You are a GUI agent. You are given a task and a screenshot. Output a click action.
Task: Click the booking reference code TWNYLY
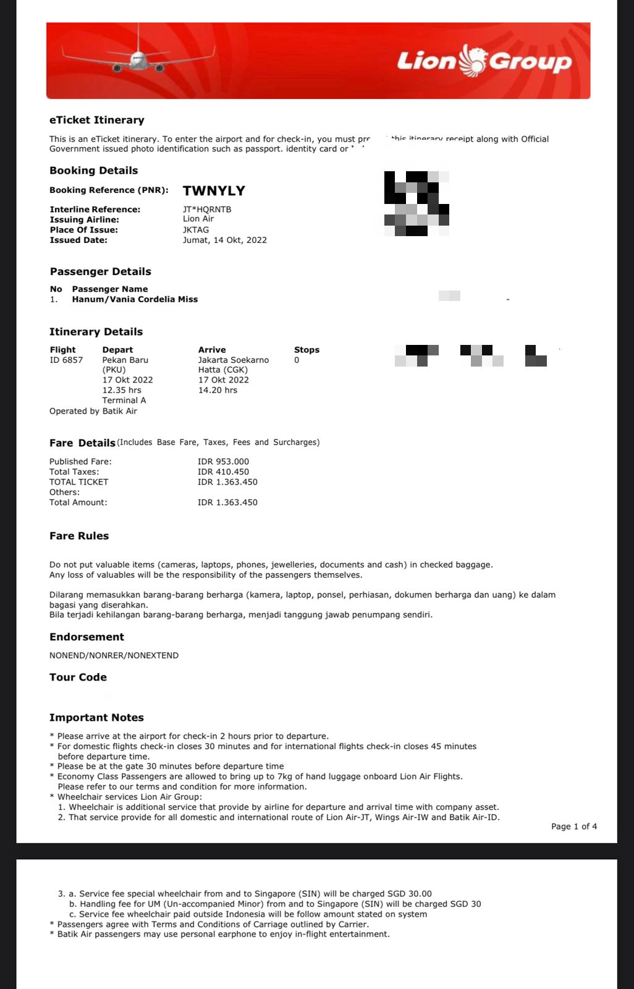214,191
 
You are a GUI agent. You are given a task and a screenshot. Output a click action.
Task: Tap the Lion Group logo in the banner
484,61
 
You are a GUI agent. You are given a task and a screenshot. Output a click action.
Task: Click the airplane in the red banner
138,59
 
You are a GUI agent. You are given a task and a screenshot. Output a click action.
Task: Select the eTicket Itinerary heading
97,120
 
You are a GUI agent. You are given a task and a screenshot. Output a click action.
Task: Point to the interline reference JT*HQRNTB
207,210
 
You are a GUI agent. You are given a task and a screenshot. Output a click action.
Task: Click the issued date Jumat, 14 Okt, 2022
225,240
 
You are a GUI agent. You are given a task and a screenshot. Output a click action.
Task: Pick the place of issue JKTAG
196,230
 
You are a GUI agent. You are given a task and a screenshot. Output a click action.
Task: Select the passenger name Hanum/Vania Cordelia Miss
135,299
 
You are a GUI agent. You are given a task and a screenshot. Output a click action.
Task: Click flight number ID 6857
66,360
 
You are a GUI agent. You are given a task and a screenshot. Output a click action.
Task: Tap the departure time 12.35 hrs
122,390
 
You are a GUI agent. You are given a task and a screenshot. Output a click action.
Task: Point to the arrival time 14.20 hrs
218,390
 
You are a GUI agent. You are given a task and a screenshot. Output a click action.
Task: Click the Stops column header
306,350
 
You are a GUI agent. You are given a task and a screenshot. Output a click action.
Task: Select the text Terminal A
124,400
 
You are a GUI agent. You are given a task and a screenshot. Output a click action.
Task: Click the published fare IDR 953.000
223,462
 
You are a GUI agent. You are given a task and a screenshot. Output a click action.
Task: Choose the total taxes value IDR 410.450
223,472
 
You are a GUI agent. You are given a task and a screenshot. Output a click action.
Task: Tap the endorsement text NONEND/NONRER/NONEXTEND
114,655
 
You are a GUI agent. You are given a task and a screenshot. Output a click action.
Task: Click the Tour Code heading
78,677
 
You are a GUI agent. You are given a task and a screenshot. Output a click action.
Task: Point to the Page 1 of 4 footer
574,826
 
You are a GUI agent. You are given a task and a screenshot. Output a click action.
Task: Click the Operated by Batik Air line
93,411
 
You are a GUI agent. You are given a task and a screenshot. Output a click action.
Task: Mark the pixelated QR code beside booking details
416,203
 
